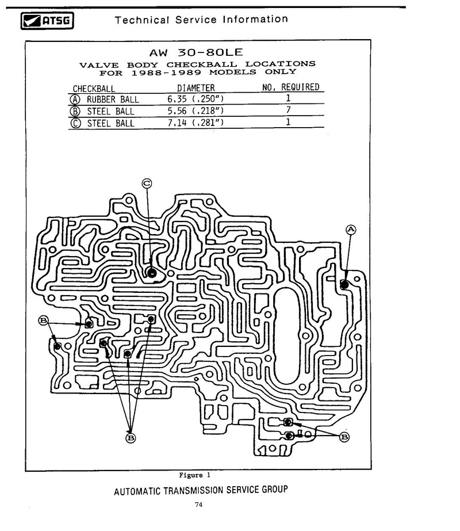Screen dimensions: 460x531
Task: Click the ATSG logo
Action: coord(47,21)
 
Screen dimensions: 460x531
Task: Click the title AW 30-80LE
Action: coord(196,52)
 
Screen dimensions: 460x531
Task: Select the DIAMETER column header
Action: coord(196,88)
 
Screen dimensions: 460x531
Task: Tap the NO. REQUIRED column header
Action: coord(290,87)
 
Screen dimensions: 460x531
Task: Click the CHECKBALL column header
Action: coord(94,89)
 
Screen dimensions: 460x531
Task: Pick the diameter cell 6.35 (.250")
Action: coord(195,99)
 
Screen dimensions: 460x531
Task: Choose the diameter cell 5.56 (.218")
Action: coord(195,110)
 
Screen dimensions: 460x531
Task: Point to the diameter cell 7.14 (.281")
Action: coord(195,123)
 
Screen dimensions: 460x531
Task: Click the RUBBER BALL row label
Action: coord(113,100)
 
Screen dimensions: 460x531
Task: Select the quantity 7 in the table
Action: coord(288,110)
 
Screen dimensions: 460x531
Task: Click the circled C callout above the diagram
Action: coord(147,184)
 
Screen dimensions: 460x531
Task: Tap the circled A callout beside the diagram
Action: coord(351,230)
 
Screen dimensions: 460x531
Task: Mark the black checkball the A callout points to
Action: coord(344,284)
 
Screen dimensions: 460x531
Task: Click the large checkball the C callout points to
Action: coord(152,273)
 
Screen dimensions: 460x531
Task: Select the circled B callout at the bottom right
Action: coord(344,437)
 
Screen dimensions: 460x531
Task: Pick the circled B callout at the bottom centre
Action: coord(131,438)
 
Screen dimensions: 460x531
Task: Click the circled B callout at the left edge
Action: coord(43,320)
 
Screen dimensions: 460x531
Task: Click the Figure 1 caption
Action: coord(194,475)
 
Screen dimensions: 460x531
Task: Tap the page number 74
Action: coord(199,505)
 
